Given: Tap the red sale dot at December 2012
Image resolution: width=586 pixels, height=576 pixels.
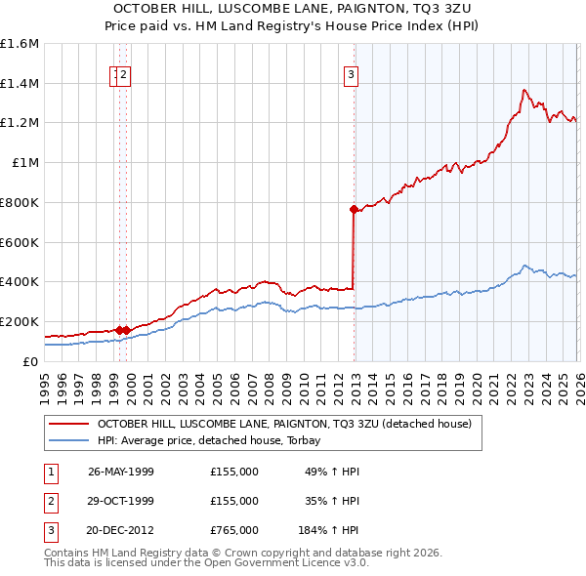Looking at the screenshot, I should (354, 208).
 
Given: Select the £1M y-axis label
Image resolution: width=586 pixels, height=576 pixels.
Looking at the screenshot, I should (26, 163).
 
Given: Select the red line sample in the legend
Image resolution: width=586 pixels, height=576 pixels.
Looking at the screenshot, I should (69, 424).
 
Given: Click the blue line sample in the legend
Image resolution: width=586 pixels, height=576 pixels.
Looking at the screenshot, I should (69, 440).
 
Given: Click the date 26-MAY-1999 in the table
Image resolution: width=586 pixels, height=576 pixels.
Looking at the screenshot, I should (121, 472).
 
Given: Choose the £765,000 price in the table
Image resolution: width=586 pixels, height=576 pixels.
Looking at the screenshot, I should (234, 530).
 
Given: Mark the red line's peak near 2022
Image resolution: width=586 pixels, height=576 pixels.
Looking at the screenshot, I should (524, 90).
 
